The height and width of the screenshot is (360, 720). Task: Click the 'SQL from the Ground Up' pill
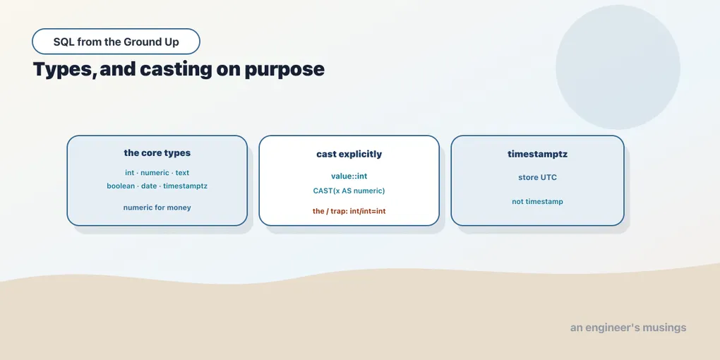(116, 42)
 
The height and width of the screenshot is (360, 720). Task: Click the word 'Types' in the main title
(64, 70)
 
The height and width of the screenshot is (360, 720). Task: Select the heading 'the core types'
(157, 153)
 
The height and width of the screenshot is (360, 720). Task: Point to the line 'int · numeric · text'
(157, 173)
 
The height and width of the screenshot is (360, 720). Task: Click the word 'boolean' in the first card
(120, 186)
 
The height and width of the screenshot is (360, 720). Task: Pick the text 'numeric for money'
(157, 208)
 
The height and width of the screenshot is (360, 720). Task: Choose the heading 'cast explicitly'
(349, 155)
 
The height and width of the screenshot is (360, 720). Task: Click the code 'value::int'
(349, 176)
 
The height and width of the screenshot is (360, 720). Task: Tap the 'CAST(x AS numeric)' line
(349, 191)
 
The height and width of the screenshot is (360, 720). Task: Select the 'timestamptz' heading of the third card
(537, 155)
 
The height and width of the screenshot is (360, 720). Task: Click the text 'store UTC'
(537, 177)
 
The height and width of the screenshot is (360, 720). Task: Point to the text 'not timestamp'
(537, 202)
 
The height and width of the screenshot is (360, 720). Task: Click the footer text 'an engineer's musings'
(628, 328)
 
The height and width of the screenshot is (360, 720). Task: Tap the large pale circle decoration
(618, 67)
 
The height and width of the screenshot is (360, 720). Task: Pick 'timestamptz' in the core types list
(185, 186)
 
